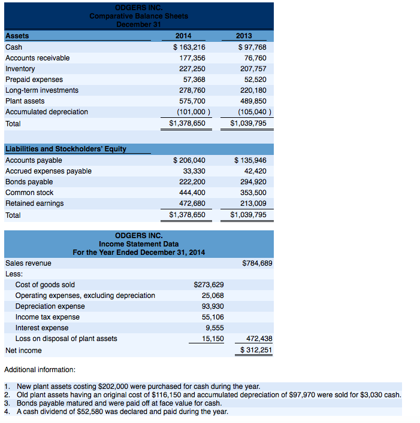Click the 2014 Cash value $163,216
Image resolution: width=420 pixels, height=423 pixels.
pyautogui.click(x=189, y=47)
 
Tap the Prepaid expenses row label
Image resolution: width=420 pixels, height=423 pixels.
pyautogui.click(x=34, y=80)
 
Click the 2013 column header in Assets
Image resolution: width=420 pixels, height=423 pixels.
pyautogui.click(x=252, y=36)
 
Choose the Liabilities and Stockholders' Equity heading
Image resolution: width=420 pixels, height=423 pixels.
pyautogui.click(x=65, y=149)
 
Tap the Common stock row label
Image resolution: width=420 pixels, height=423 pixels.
pyautogui.click(x=29, y=193)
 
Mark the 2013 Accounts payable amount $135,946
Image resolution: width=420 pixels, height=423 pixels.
pyautogui.click(x=250, y=160)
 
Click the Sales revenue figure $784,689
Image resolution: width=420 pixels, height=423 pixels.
pyautogui.click(x=256, y=263)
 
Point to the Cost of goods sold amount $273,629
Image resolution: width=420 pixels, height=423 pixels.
pyautogui.click(x=209, y=285)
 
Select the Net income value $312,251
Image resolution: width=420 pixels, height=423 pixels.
pyautogui.click(x=256, y=350)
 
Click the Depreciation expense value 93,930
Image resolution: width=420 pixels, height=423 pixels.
pyautogui.click(x=213, y=306)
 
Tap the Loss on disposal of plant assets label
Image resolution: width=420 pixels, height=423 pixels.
pyautogui.click(x=66, y=339)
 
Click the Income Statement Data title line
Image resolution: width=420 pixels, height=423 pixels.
pyautogui.click(x=138, y=244)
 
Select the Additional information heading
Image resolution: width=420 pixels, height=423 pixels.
pyautogui.click(x=40, y=370)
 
